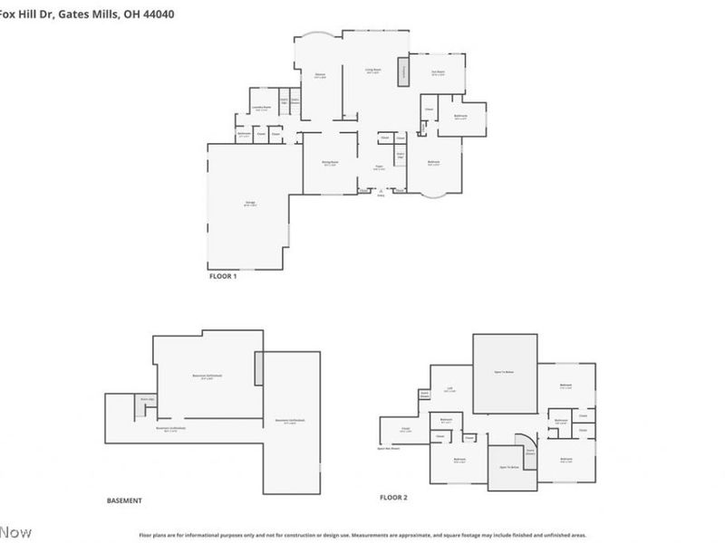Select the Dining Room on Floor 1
tap(329, 164)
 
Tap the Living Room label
tap(372, 71)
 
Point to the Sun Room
tap(438, 73)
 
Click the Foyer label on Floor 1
tap(380, 168)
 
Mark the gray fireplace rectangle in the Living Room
tap(395, 73)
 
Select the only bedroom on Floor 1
tap(434, 164)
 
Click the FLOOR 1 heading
tap(223, 276)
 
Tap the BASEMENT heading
tap(124, 500)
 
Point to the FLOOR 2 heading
tap(393, 498)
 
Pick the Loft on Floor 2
tap(449, 390)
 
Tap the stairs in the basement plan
tap(140, 406)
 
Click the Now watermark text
tap(15, 530)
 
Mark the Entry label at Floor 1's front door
tap(381, 195)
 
